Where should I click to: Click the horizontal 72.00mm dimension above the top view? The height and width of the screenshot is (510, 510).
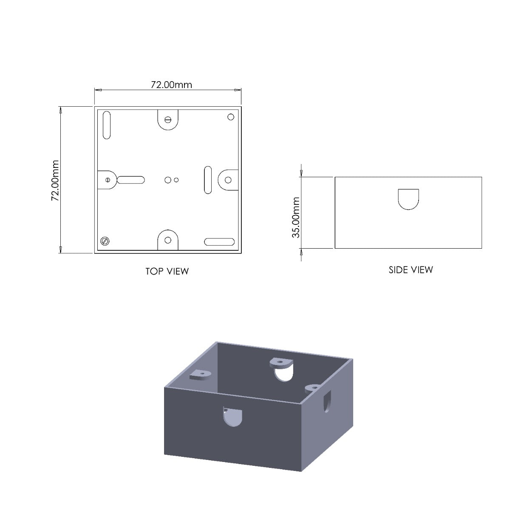coord(171,85)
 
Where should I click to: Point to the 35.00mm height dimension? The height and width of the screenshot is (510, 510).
coord(296,217)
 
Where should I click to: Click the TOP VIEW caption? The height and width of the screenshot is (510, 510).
coord(167,271)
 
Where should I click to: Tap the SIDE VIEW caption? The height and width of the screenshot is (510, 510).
coord(411,269)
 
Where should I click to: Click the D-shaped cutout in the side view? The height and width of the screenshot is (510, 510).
coord(408,199)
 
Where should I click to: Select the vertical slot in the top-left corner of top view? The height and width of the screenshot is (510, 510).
coord(107,125)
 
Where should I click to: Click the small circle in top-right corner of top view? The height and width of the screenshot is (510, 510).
coord(231,117)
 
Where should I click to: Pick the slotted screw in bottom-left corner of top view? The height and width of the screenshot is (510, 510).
coord(105,241)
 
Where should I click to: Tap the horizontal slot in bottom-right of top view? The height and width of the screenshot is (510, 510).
coord(219,242)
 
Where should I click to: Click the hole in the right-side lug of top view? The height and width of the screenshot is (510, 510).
coord(228,180)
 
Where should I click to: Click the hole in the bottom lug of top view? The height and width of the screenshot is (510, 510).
coord(168,240)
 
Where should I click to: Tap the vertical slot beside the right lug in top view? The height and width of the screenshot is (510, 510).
coord(208,180)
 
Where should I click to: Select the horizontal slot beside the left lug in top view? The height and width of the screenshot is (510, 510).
coord(131,180)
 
